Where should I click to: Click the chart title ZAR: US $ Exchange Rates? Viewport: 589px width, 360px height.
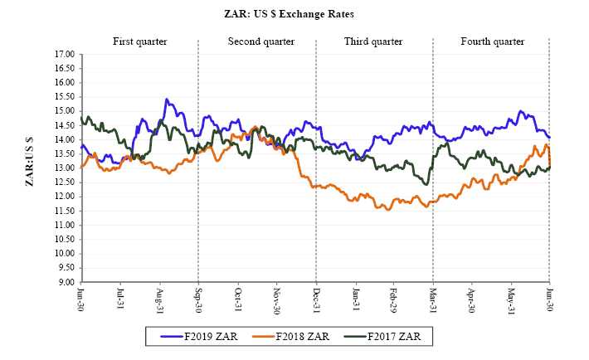pyautogui.click(x=294, y=14)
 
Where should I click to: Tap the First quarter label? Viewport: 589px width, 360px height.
pyautogui.click(x=139, y=41)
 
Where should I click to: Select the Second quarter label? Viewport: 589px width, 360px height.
pyautogui.click(x=258, y=41)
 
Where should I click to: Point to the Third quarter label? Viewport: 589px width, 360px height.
pyautogui.click(x=373, y=41)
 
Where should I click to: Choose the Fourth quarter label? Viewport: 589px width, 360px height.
pyautogui.click(x=492, y=41)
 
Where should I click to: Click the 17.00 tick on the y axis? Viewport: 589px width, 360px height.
pyautogui.click(x=63, y=55)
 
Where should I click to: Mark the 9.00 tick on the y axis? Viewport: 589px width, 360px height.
pyautogui.click(x=65, y=282)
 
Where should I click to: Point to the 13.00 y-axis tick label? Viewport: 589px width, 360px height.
pyautogui.click(x=63, y=168)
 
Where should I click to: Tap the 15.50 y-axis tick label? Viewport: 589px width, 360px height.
pyautogui.click(x=63, y=97)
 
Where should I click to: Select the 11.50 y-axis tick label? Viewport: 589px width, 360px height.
pyautogui.click(x=63, y=211)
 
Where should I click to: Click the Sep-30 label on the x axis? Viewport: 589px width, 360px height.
pyautogui.click(x=197, y=298)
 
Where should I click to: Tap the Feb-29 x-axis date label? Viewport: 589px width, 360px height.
pyautogui.click(x=393, y=298)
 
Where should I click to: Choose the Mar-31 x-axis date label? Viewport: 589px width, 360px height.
pyautogui.click(x=432, y=298)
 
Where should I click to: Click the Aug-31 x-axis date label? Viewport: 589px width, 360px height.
pyautogui.click(x=159, y=298)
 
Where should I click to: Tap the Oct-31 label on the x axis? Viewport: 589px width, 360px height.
pyautogui.click(x=237, y=298)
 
